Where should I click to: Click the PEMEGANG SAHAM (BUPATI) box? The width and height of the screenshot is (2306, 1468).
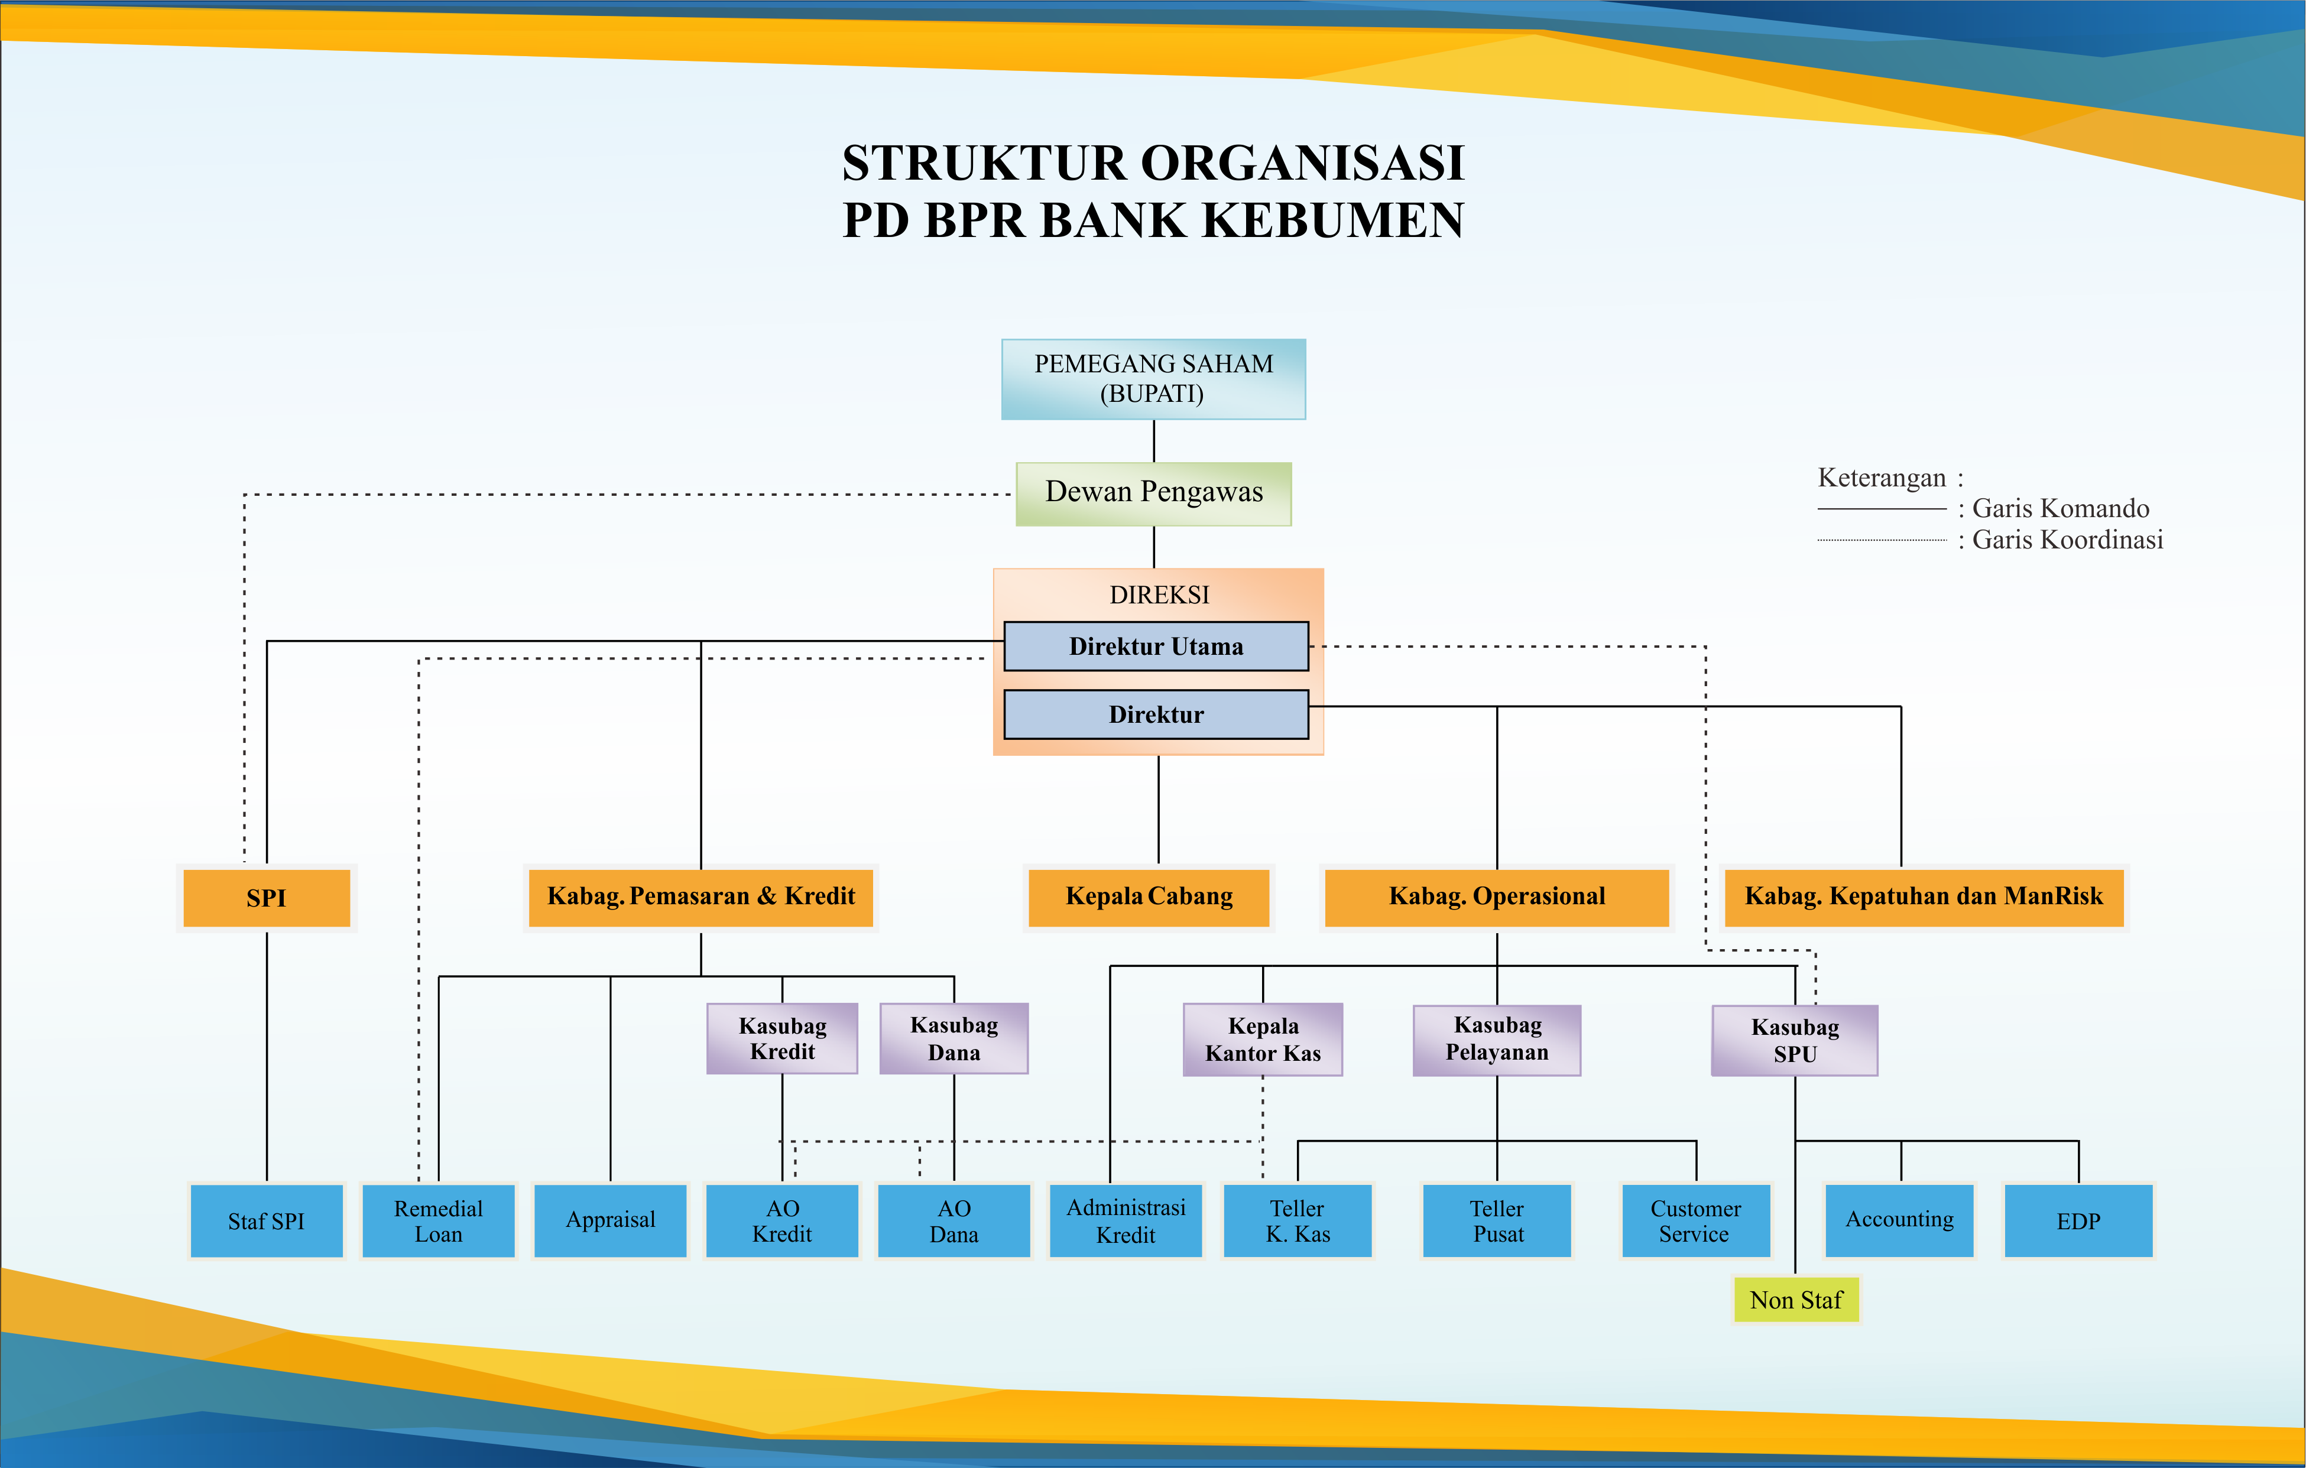(x=1153, y=379)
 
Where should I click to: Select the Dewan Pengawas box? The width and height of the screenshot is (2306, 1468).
(x=1153, y=493)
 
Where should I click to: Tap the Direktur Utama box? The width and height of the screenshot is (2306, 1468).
(x=1156, y=647)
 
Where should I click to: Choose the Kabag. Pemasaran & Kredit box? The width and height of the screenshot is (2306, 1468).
(x=701, y=897)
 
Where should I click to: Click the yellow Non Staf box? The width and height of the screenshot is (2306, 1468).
(x=1796, y=1300)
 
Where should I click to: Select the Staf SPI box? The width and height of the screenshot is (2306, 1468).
(x=266, y=1221)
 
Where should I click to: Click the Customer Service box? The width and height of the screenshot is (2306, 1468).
(x=1695, y=1221)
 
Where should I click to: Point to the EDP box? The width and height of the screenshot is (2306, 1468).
(x=2077, y=1221)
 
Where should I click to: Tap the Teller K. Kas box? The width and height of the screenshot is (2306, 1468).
(x=1298, y=1221)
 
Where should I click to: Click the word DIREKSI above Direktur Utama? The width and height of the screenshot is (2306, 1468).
(x=1159, y=595)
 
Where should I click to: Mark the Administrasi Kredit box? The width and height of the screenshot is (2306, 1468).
(x=1126, y=1221)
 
